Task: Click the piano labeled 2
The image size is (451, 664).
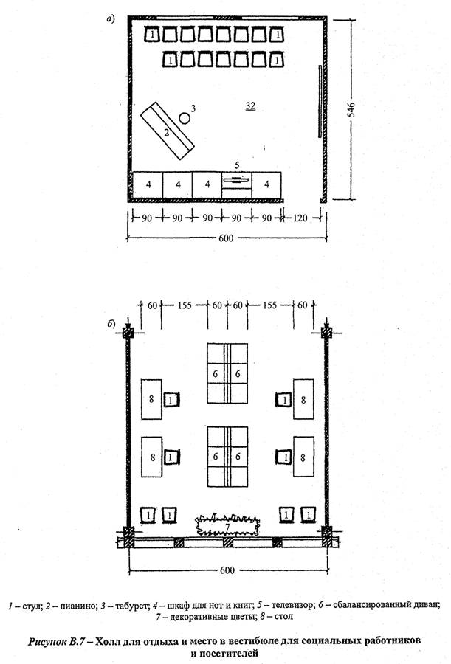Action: click(x=167, y=131)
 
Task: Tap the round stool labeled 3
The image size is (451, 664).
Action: click(x=185, y=118)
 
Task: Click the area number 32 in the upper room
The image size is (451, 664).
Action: click(x=250, y=106)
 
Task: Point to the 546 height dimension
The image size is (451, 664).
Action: click(x=351, y=110)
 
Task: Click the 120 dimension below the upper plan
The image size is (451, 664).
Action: click(x=300, y=218)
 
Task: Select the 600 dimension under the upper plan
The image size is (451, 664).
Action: click(x=226, y=238)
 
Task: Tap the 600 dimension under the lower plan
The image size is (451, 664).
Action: click(x=227, y=570)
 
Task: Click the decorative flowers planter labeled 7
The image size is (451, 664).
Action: click(x=227, y=525)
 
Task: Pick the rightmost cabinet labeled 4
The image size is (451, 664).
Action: click(x=266, y=184)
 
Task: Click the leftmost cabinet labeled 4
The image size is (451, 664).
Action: click(x=148, y=184)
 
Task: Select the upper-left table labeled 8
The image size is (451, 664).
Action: click(x=151, y=399)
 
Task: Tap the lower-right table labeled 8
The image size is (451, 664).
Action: click(x=303, y=457)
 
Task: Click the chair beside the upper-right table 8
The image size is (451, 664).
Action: click(x=284, y=400)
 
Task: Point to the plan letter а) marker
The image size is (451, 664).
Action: click(x=110, y=19)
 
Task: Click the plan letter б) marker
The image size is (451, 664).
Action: click(x=111, y=325)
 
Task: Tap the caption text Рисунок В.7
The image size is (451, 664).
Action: click(x=58, y=640)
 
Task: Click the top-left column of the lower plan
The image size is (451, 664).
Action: click(x=128, y=332)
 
